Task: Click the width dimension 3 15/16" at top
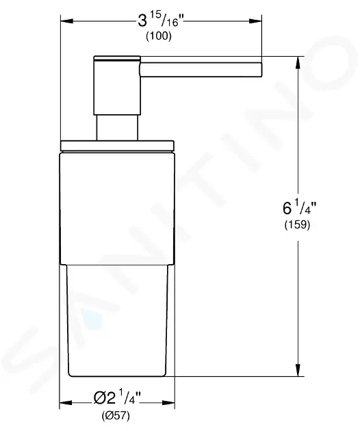[161, 20]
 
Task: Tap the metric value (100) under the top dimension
[159, 36]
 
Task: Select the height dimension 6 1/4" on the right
[300, 207]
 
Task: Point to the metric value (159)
[297, 224]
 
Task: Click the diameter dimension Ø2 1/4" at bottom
[117, 397]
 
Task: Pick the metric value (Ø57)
[116, 415]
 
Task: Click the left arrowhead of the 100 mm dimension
[67, 21]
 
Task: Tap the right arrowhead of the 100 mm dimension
[255, 21]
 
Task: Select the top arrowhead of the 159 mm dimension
[298, 63]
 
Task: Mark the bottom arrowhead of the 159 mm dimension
[298, 370]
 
